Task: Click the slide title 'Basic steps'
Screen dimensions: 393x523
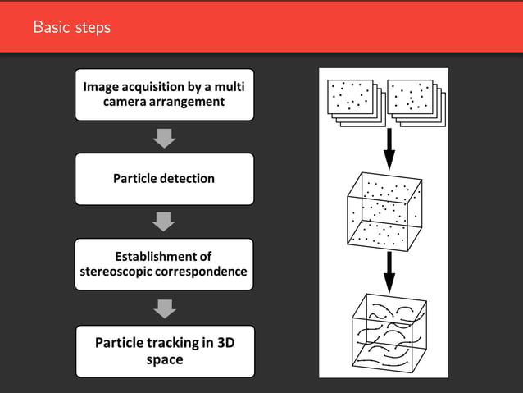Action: coord(71,27)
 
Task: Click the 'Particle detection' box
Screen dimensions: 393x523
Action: coord(164,178)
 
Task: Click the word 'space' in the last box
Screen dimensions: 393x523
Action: coord(164,359)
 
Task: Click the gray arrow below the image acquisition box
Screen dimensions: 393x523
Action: coord(165,138)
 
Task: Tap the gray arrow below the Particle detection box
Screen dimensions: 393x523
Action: coord(165,222)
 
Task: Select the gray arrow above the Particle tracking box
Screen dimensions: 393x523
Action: coord(165,308)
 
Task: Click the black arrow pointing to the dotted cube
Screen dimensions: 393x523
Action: coord(389,147)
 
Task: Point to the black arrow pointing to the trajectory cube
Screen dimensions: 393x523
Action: coord(389,269)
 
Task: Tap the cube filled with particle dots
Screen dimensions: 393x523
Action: coord(384,211)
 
